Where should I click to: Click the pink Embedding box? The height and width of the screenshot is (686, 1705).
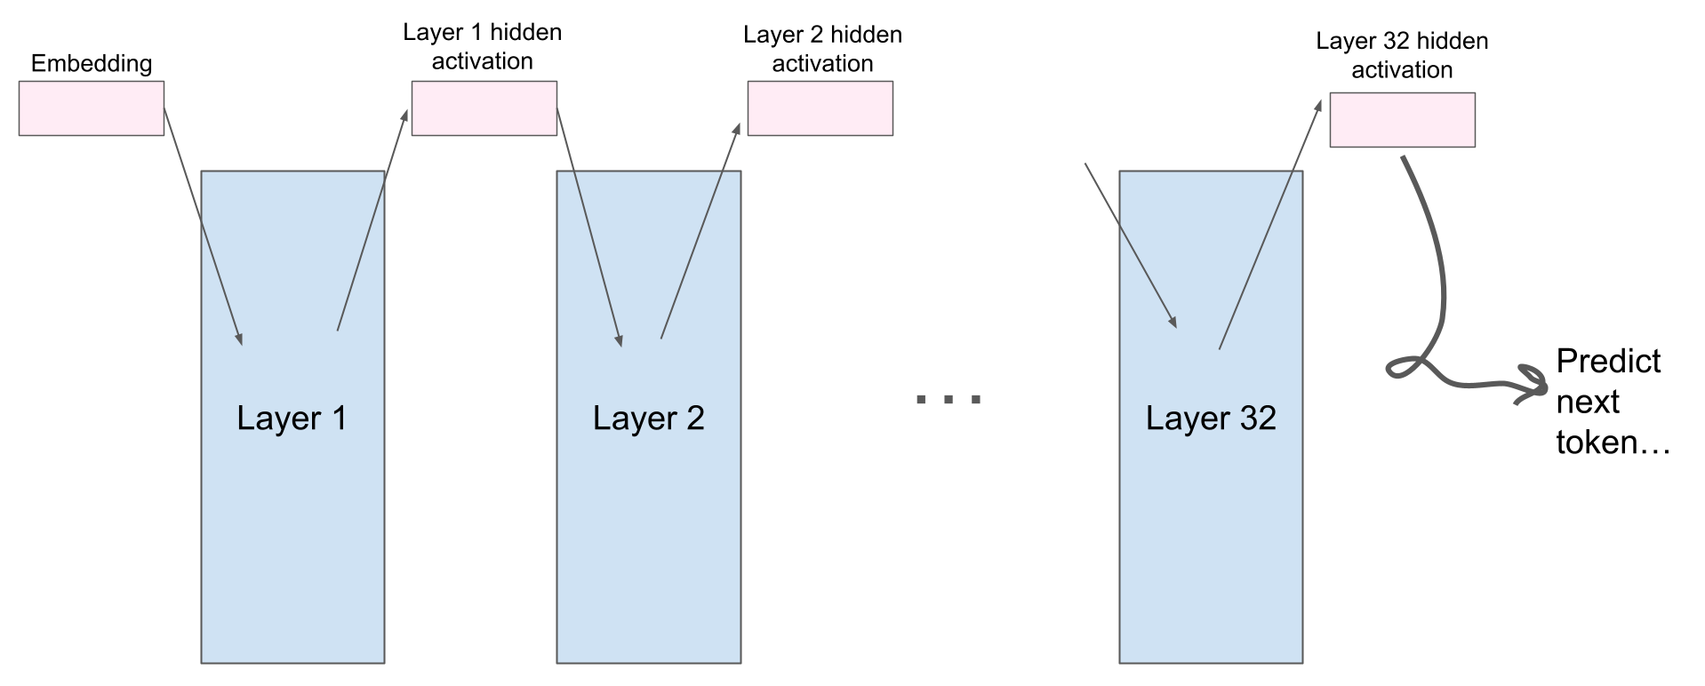tap(92, 108)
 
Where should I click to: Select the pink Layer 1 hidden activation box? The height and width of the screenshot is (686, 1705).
tap(484, 108)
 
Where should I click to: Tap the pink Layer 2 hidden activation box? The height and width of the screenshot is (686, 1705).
tap(820, 108)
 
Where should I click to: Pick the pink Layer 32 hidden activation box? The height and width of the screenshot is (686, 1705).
tap(1403, 120)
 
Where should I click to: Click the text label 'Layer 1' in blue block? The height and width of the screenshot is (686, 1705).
tap(292, 418)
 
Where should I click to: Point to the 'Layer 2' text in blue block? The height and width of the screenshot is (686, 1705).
tap(649, 418)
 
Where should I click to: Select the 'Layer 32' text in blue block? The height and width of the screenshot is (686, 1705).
tap(1211, 418)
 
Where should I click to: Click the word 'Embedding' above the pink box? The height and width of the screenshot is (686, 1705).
tap(92, 64)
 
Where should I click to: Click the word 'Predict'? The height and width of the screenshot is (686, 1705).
tap(1608, 361)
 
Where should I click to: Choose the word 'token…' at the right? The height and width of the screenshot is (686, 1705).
tap(1613, 442)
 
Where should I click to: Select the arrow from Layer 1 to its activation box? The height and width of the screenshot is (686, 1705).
tap(373, 220)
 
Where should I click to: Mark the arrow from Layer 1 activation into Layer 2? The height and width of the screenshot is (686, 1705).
tap(588, 227)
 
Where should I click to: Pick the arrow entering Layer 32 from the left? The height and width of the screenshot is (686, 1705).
tap(1131, 245)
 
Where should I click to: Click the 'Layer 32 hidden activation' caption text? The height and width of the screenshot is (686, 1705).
tap(1402, 55)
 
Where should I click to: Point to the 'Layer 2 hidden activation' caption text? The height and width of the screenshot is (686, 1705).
tap(822, 49)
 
